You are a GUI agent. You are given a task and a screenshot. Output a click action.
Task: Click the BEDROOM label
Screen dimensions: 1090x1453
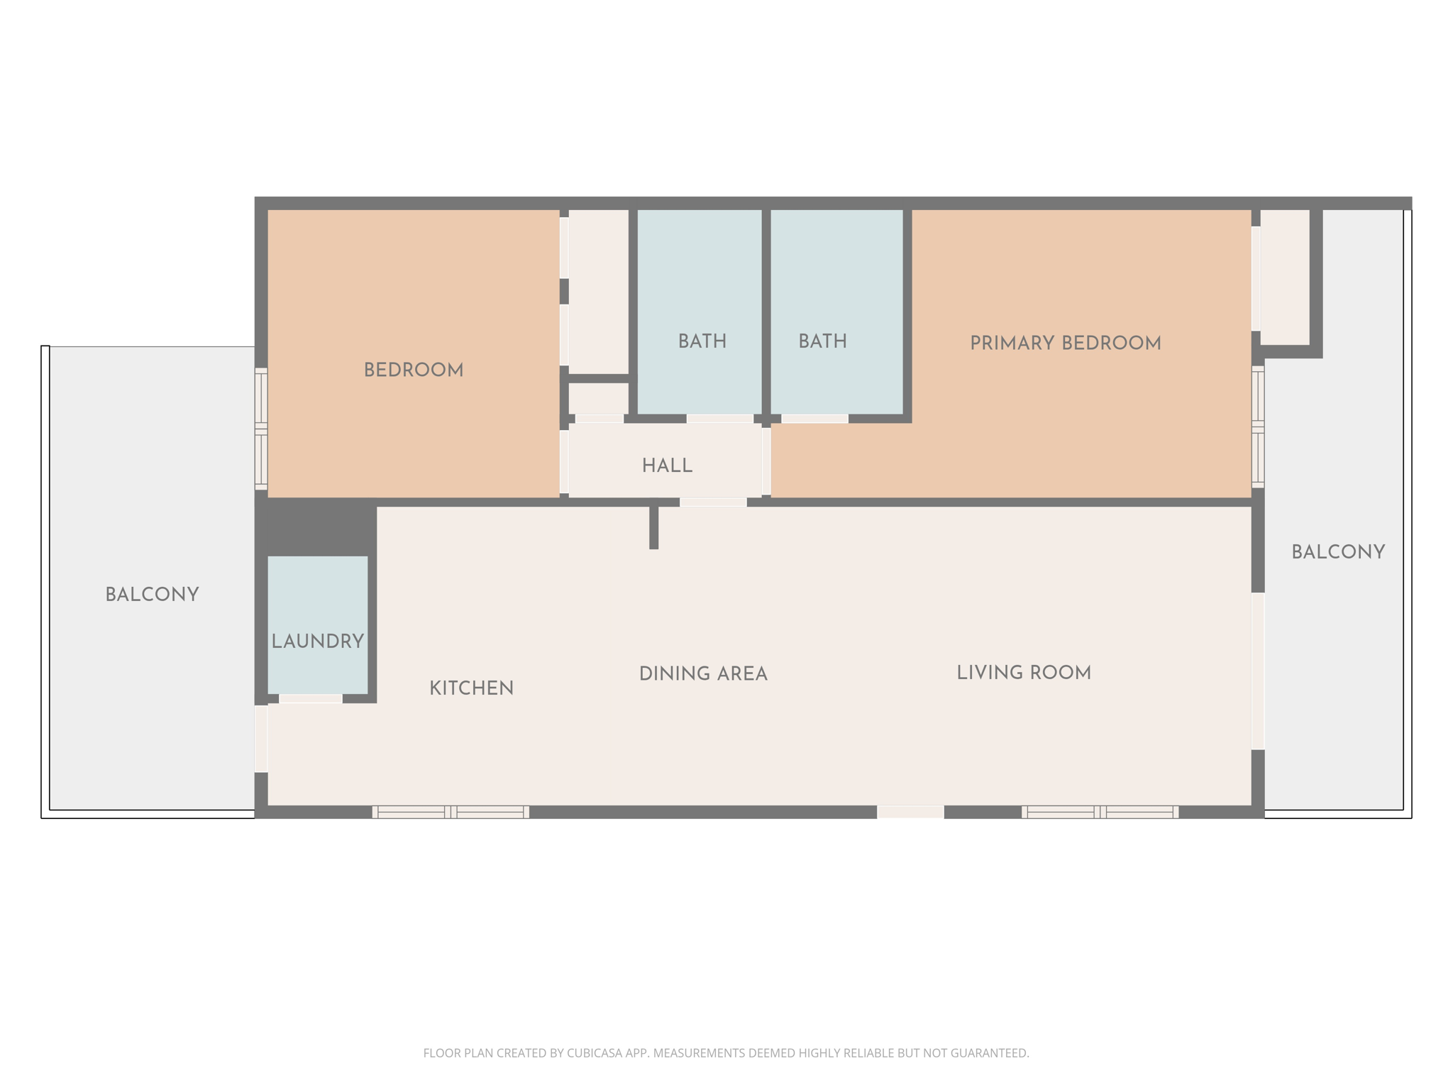413,370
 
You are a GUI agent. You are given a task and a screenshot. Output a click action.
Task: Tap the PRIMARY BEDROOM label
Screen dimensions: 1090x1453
1065,343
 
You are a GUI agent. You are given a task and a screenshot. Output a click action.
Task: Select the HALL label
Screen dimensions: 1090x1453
667,466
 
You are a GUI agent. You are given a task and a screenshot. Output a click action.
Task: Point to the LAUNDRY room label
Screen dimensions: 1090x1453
317,642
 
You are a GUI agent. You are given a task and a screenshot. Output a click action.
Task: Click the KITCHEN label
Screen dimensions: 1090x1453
471,688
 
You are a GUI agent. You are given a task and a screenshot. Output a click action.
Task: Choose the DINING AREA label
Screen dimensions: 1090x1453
703,674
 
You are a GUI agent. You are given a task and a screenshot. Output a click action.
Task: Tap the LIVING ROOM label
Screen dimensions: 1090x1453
1023,673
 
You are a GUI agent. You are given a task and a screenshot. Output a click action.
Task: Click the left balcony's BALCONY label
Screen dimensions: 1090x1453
152,595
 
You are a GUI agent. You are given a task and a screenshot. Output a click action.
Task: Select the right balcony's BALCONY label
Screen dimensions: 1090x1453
1337,552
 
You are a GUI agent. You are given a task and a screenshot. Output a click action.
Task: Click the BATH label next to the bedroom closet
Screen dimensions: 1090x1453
702,342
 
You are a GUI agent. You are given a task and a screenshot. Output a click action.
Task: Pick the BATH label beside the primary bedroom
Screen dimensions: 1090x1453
822,342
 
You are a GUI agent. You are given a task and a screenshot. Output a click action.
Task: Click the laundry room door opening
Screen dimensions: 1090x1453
311,699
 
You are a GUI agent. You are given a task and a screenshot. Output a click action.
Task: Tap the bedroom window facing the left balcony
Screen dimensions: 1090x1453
261,429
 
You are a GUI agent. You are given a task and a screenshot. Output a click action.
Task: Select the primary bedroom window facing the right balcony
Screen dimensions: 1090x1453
1257,426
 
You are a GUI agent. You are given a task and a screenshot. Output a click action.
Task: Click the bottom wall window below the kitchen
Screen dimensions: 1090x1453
451,812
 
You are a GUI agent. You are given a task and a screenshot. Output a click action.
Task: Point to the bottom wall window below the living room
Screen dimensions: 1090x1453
1100,812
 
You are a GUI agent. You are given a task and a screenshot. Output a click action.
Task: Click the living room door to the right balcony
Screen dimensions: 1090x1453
1257,671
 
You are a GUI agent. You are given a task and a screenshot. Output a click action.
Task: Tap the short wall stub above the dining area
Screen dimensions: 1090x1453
653,527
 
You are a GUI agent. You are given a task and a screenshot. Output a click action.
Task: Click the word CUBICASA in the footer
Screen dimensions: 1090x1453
595,1053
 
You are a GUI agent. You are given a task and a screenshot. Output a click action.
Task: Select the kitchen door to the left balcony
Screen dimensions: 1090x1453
261,738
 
